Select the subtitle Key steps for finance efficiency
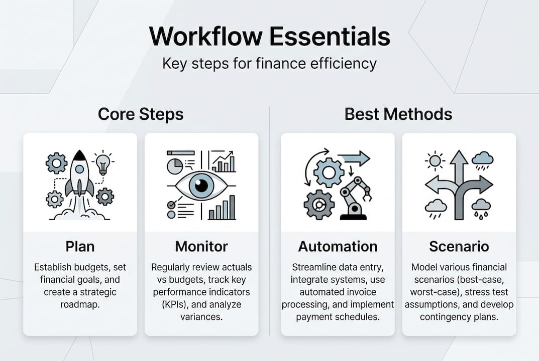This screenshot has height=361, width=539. [x=269, y=64]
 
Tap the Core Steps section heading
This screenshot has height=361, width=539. [x=141, y=114]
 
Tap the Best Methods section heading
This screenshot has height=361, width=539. [x=398, y=114]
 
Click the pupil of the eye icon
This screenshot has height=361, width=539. [x=201, y=185]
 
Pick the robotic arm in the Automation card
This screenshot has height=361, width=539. [x=355, y=200]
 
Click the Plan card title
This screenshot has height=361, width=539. [x=80, y=247]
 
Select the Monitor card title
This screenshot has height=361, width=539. [x=201, y=247]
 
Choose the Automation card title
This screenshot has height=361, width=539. [x=338, y=247]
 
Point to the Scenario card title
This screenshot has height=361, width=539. [x=459, y=247]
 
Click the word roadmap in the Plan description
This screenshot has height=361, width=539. [x=80, y=303]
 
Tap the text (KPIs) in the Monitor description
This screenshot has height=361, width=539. [x=167, y=304]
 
